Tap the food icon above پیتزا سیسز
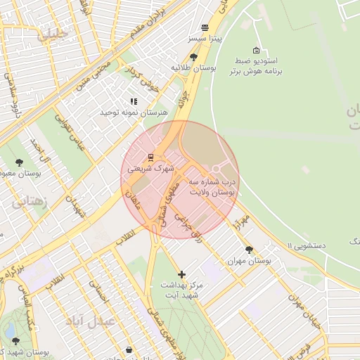[x=205, y=28]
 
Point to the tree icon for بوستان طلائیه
[x=193, y=56]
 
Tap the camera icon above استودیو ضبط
[x=256, y=50]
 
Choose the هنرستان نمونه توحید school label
[x=134, y=112]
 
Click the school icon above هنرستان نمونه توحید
[x=134, y=101]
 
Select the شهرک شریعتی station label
[x=150, y=169]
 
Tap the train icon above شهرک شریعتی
[x=150, y=156]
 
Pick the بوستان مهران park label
[x=249, y=261]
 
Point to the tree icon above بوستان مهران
[x=249, y=250]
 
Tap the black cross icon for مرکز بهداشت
[x=182, y=274]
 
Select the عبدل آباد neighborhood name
[x=89, y=321]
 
